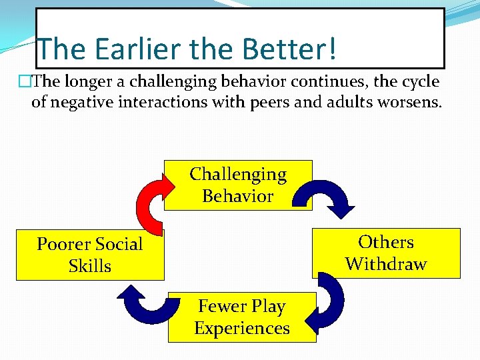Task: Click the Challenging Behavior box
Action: pyautogui.click(x=238, y=185)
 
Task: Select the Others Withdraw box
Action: pyautogui.click(x=386, y=253)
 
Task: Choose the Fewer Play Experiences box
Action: pyautogui.click(x=242, y=317)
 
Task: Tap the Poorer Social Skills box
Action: pyautogui.click(x=90, y=255)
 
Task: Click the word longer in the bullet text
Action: pyautogui.click(x=87, y=82)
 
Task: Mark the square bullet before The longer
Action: pyautogui.click(x=25, y=83)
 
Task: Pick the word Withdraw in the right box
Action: pyautogui.click(x=386, y=264)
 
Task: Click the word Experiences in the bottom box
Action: pyautogui.click(x=242, y=329)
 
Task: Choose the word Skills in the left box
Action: pyautogui.click(x=90, y=267)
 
